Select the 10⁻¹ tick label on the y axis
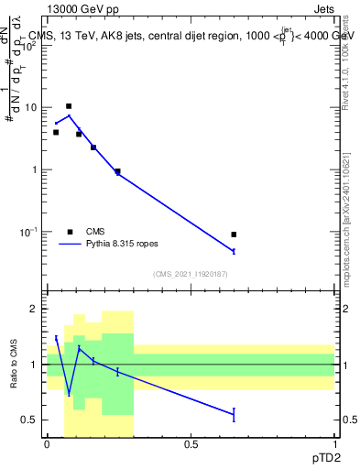[29, 232]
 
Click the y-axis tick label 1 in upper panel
[36, 169]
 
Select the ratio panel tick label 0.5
[31, 420]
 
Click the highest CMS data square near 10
[69, 106]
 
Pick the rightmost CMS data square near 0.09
[234, 234]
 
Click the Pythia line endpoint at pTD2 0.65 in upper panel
[234, 251]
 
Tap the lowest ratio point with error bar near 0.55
[234, 415]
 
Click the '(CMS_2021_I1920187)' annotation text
[191, 274]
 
